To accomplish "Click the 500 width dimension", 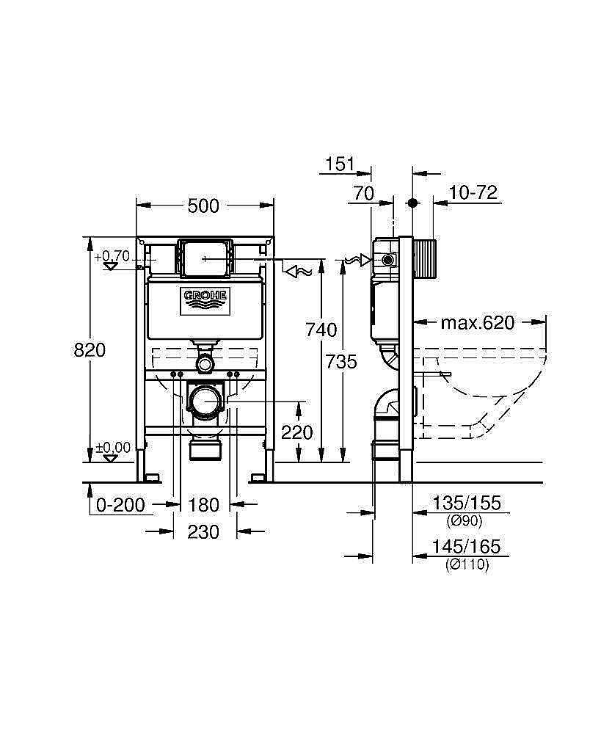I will click(203, 206).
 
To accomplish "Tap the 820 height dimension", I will click(90, 350).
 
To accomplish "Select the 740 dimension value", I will click(321, 330).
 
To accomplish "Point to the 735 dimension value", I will click(342, 361).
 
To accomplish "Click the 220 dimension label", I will click(297, 432).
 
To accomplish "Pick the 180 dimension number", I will click(203, 505).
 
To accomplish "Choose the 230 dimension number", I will click(203, 531).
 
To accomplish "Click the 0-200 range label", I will click(121, 505).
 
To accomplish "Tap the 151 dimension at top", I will click(340, 164).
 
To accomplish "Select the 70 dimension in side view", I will click(363, 193).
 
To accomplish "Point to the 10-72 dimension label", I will click(473, 193).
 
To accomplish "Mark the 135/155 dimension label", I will click(467, 503).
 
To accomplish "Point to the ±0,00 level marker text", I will click(113, 447).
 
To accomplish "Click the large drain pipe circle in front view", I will click(205, 401).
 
